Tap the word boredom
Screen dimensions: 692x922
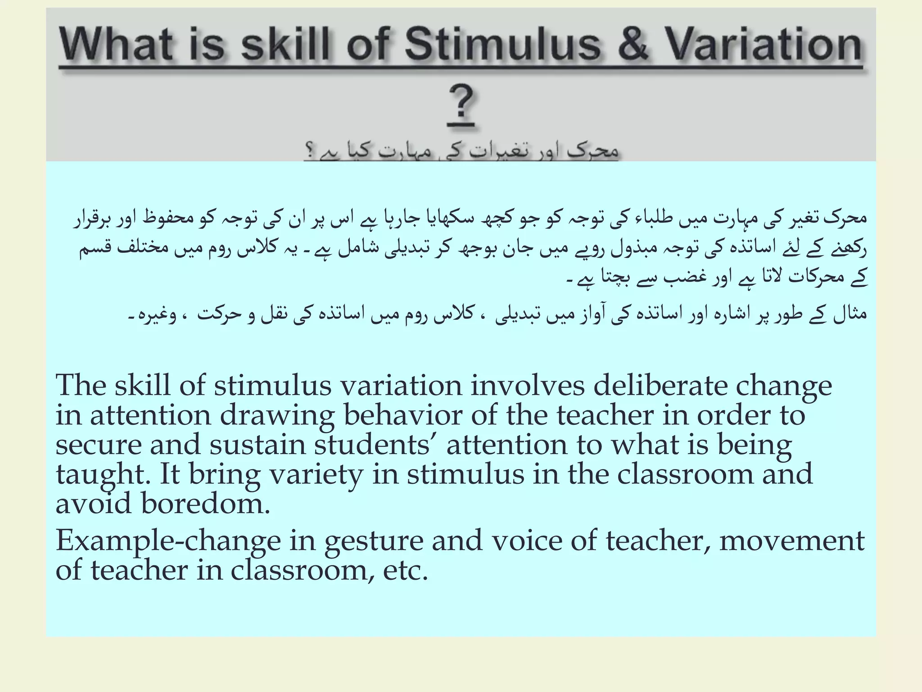coord(205,503)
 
